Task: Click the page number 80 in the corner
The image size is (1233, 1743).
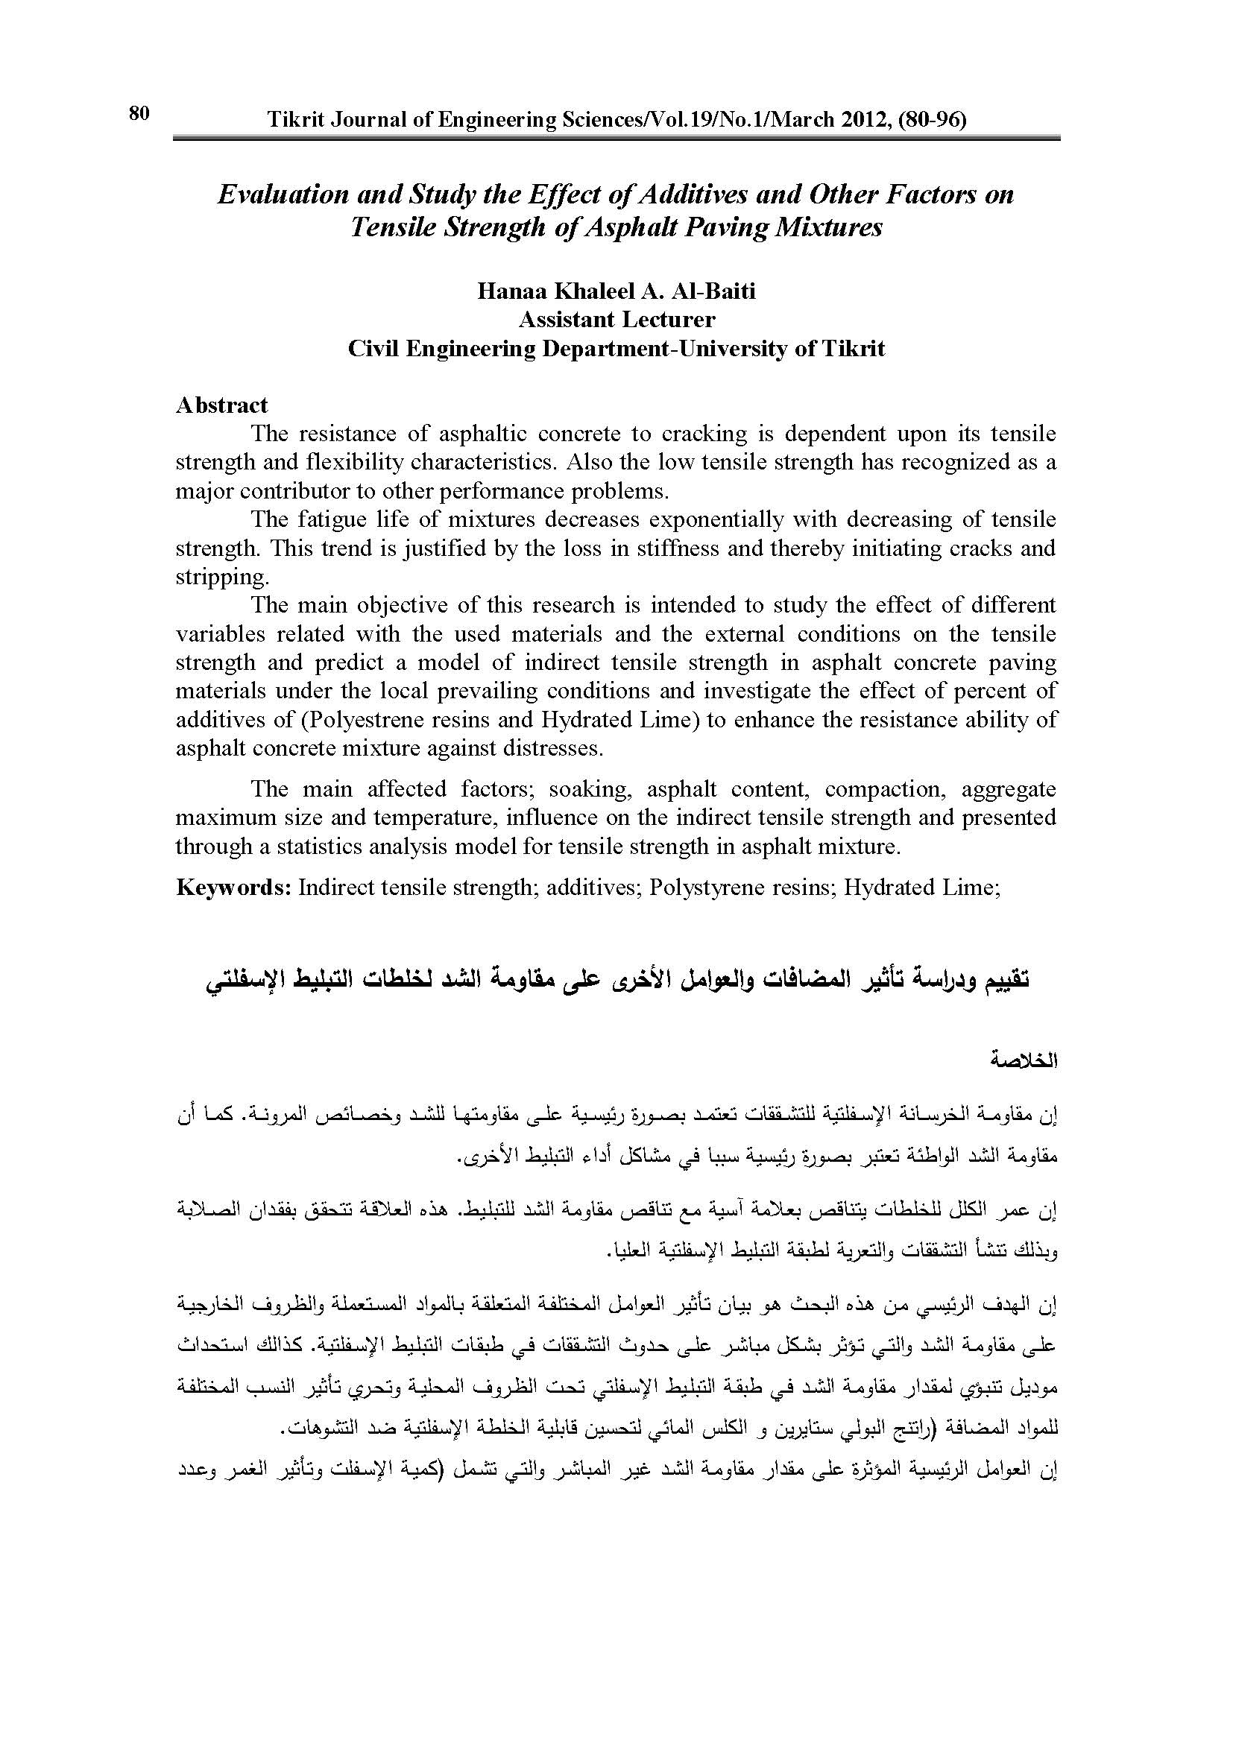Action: coord(139,114)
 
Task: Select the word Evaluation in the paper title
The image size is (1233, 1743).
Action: coord(283,194)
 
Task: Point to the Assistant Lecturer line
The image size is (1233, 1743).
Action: coord(616,320)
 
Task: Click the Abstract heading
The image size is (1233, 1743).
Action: coord(221,405)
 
